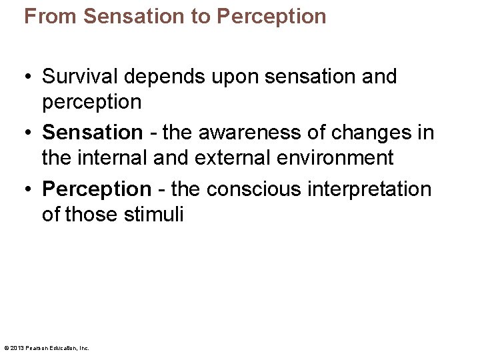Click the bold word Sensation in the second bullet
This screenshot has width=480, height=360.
click(92, 133)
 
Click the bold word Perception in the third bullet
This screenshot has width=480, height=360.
click(97, 189)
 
